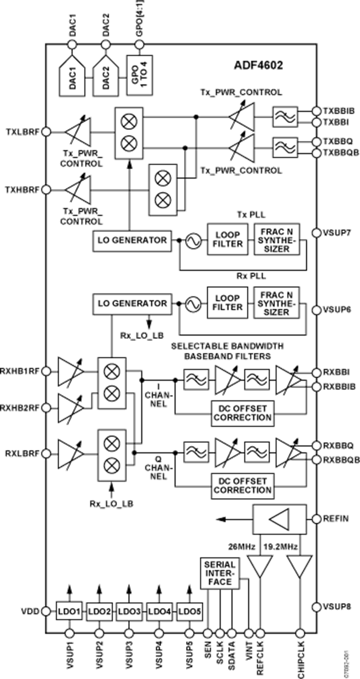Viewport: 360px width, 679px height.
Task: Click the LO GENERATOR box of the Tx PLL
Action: pyautogui.click(x=132, y=240)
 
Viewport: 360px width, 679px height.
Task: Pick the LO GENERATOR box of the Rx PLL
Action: pyautogui.click(x=132, y=303)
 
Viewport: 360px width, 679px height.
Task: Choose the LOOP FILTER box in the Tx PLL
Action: pyautogui.click(x=227, y=239)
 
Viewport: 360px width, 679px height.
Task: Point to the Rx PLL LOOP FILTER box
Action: pyautogui.click(x=227, y=303)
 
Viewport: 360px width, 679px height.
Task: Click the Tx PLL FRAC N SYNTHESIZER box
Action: pyautogui.click(x=276, y=239)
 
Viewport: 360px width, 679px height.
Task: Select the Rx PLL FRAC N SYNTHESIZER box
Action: pyautogui.click(x=276, y=303)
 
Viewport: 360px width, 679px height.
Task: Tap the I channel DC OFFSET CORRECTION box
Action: pyautogui.click(x=242, y=413)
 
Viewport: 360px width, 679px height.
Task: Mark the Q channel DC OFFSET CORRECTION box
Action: pyautogui.click(x=242, y=485)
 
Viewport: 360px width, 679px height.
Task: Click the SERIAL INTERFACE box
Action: pyautogui.click(x=220, y=573)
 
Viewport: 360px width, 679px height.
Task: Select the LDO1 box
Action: pyautogui.click(x=69, y=611)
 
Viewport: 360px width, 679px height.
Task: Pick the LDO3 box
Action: pyautogui.click(x=129, y=612)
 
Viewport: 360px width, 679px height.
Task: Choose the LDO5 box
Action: pyautogui.click(x=189, y=611)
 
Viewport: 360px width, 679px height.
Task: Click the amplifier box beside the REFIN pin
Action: pyautogui.click(x=280, y=519)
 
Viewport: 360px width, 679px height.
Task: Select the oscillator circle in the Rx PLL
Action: pyautogui.click(x=192, y=304)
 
